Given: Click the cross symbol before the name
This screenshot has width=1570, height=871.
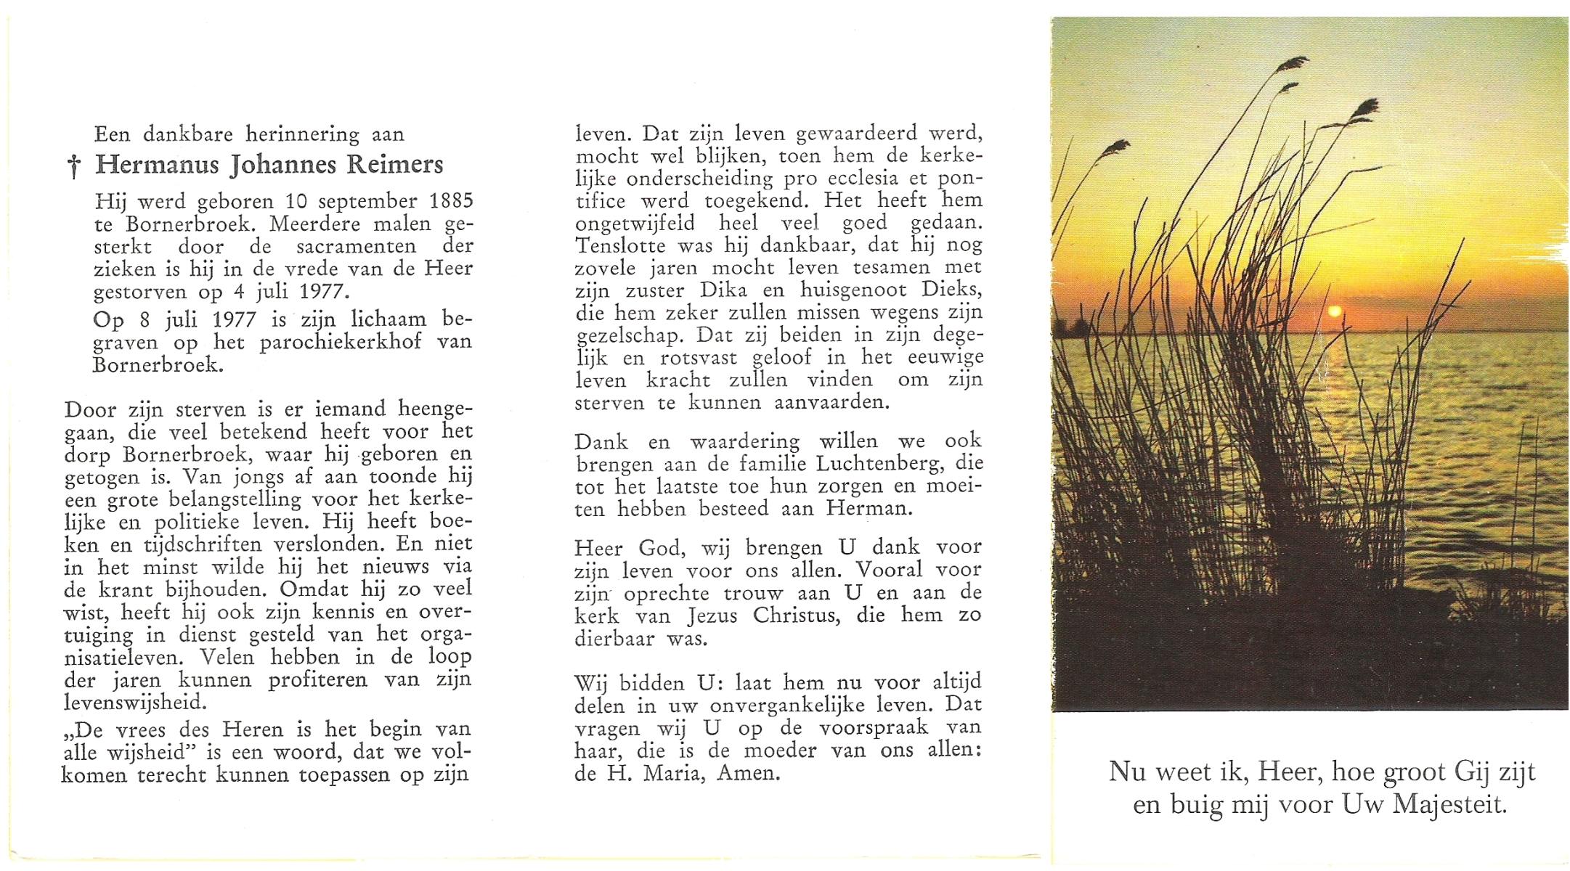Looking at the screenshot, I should coord(73,166).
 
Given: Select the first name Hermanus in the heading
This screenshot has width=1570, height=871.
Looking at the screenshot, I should coord(157,165).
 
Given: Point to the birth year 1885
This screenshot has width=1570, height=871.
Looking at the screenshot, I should coord(450,201).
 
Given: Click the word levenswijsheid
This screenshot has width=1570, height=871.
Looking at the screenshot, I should coord(136,703).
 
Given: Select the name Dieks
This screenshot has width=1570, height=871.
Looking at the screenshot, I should coord(951,290).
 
